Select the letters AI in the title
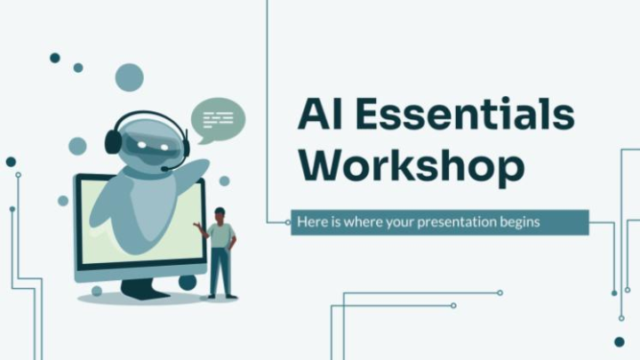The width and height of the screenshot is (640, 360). pos(322,116)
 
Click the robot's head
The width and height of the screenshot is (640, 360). pos(147,141)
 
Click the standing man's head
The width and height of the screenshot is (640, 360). pos(220,214)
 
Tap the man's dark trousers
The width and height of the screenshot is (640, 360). pos(220,271)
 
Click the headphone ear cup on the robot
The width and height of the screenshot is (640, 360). pos(113,141)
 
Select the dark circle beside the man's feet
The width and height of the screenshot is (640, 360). pos(187,282)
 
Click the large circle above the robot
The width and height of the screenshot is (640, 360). pos(130,77)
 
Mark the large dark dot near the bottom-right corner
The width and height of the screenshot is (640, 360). pos(619,341)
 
